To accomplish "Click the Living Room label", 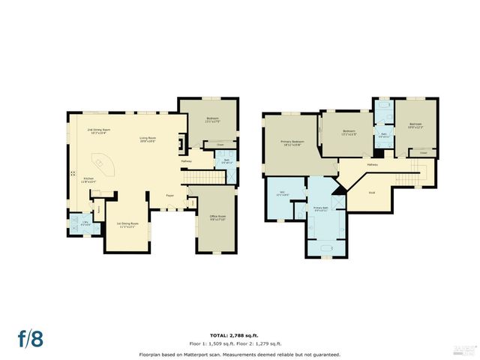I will click(147, 139).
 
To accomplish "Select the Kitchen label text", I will click(88, 179).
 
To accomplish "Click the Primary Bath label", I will click(321, 208).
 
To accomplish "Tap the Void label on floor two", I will click(371, 193).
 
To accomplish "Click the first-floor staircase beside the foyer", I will click(200, 178).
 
